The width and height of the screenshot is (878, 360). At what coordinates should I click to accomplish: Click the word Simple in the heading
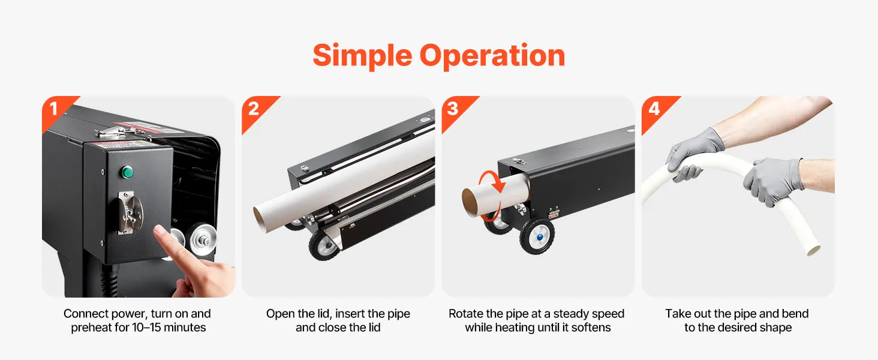(362, 56)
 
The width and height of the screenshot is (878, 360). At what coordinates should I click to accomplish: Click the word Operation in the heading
(492, 55)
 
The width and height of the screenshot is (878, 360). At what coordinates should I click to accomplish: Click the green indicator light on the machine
(127, 172)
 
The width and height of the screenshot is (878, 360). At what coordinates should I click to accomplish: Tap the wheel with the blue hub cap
(537, 236)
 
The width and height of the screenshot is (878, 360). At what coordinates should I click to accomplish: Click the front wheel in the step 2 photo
(324, 245)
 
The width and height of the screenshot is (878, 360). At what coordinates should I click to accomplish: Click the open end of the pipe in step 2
(260, 220)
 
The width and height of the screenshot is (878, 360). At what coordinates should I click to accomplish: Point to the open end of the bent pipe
(813, 250)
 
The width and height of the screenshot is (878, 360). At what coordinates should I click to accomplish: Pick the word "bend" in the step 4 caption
(795, 314)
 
